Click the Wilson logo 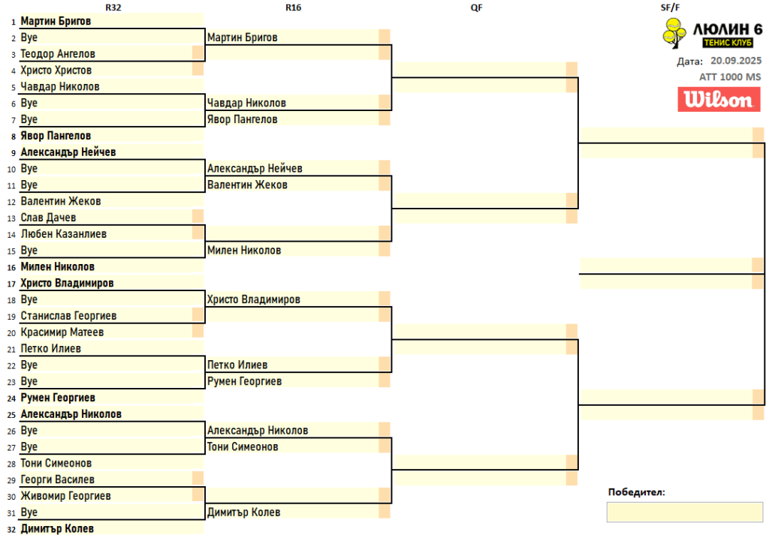coord(719,100)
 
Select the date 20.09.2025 coord(736,61)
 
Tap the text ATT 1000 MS coord(730,77)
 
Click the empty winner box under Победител coord(684,512)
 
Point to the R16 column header coord(294,7)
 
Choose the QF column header coord(476,7)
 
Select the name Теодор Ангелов coord(58,54)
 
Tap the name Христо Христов coord(56,71)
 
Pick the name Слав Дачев coord(48,218)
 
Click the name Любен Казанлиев coord(63,234)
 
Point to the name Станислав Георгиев coord(68,316)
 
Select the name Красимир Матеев coord(62,332)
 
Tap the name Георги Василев coord(57,479)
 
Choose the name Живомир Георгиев coord(65,496)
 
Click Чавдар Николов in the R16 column coord(246,103)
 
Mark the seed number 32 coord(11,529)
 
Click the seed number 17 coord(11,284)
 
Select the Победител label coord(635,492)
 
